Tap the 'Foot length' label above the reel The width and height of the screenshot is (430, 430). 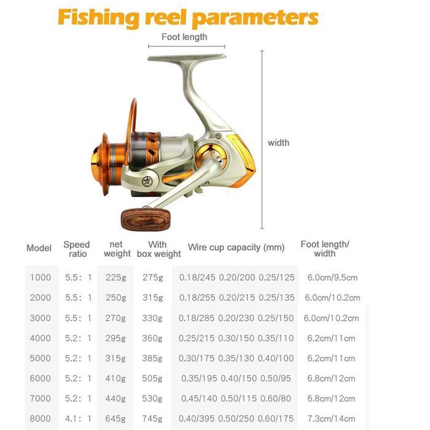[x=184, y=37]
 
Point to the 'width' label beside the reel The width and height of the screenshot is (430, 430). [x=278, y=143]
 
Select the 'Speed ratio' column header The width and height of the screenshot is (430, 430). [x=77, y=249]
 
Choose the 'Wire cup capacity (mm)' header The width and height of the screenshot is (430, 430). [x=236, y=248]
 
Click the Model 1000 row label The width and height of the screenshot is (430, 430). [x=41, y=278]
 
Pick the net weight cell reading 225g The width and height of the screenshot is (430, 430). [x=115, y=278]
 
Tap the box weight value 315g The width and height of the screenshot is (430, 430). [x=152, y=297]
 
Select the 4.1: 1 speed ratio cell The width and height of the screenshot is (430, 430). [x=78, y=419]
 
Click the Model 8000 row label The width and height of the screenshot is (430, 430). [x=41, y=419]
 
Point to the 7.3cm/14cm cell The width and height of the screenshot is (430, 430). [x=332, y=419]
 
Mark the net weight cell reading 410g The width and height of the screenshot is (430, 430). [x=115, y=378]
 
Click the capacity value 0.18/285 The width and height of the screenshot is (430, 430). [x=197, y=318]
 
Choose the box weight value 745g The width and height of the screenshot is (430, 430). [x=152, y=419]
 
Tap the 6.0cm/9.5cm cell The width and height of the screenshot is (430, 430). [x=332, y=278]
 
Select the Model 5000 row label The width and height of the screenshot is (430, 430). [x=41, y=358]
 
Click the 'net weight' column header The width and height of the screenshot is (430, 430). [x=117, y=249]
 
